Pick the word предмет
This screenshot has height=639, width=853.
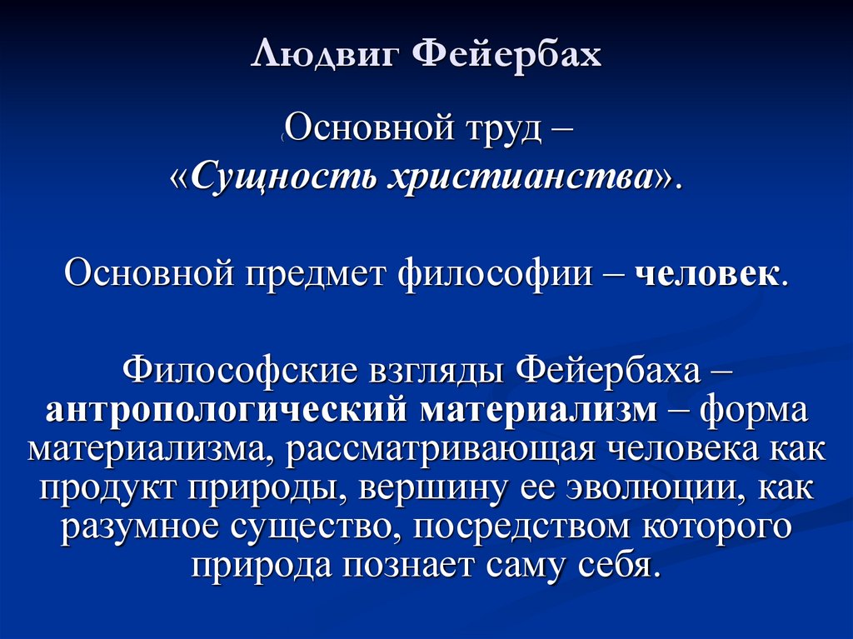[x=317, y=273]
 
